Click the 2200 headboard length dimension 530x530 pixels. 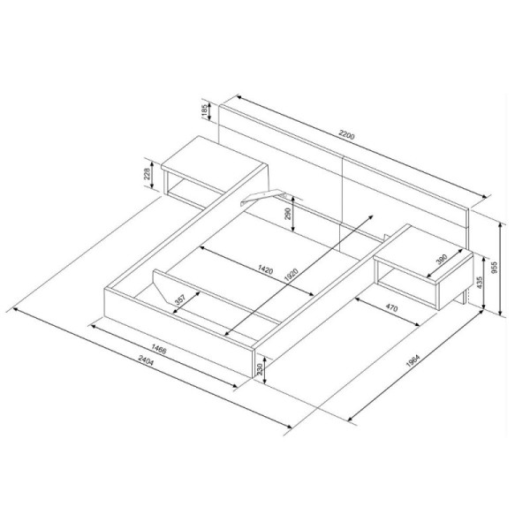[347, 135]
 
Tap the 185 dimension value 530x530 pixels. [205, 111]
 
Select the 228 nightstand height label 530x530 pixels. [148, 175]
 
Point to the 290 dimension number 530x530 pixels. [288, 214]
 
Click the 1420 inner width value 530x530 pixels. [265, 269]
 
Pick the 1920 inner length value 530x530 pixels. [291, 275]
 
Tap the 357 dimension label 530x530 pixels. [180, 299]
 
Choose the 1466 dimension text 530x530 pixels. [158, 349]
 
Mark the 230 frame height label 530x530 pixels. [260, 368]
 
